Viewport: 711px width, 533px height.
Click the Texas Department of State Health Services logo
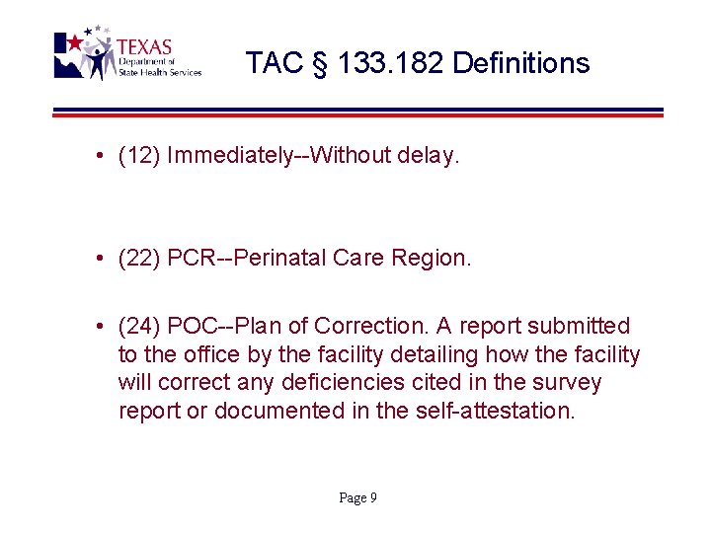click(126, 54)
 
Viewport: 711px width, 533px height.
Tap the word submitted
click(580, 326)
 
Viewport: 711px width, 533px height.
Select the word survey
click(567, 382)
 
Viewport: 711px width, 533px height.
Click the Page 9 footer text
click(357, 498)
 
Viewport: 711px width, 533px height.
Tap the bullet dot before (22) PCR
click(102, 260)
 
